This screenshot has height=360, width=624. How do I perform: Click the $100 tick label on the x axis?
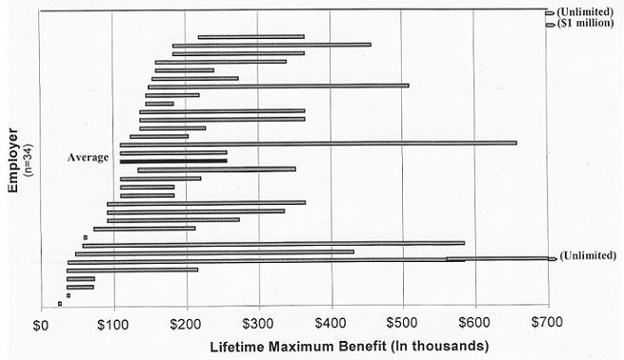tap(112, 322)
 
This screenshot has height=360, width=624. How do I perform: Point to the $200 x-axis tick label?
tap(185, 322)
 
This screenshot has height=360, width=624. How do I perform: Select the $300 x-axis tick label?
tap(257, 322)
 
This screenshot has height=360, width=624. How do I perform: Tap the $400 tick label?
tap(330, 322)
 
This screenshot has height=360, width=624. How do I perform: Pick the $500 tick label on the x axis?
tap(402, 322)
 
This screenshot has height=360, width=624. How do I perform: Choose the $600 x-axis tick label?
tap(474, 322)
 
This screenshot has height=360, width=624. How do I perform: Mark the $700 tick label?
tap(547, 322)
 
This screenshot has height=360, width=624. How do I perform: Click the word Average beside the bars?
tap(88, 157)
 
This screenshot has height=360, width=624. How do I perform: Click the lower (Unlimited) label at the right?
tap(588, 256)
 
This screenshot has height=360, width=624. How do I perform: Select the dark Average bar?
tap(173, 161)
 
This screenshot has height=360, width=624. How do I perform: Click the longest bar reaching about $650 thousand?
tap(318, 143)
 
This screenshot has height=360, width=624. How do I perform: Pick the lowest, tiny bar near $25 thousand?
tap(60, 304)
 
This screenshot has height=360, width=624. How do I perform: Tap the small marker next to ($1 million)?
tap(550, 24)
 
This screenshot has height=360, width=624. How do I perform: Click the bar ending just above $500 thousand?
tap(278, 86)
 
